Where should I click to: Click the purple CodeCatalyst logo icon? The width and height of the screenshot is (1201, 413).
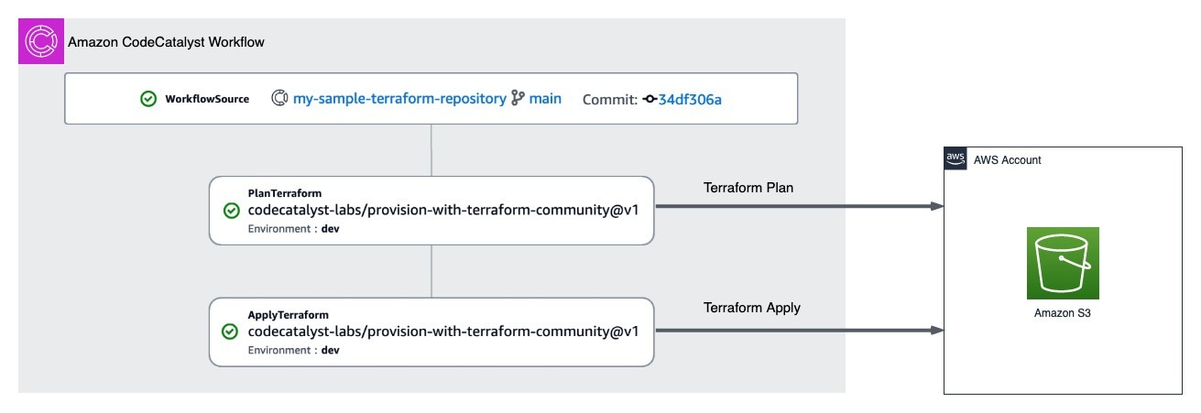(41, 42)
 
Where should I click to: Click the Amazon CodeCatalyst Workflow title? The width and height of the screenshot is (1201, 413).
(168, 43)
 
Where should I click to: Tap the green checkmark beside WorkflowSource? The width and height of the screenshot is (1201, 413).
(148, 99)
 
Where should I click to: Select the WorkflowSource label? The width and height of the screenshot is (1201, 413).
(207, 99)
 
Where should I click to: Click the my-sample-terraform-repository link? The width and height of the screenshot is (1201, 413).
(399, 98)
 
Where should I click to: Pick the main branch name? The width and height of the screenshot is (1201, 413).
(545, 98)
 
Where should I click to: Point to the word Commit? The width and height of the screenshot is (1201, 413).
(609, 99)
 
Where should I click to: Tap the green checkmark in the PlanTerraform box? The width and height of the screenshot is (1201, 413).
(232, 211)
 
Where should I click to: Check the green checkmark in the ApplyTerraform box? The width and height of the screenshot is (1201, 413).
(232, 331)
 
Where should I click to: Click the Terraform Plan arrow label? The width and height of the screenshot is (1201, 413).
(748, 188)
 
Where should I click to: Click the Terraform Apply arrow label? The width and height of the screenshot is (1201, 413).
(751, 308)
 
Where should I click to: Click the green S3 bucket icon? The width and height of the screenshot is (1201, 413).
(1063, 263)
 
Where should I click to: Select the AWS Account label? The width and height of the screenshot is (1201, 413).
(1007, 160)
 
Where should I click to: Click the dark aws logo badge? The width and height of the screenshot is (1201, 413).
(955, 159)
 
